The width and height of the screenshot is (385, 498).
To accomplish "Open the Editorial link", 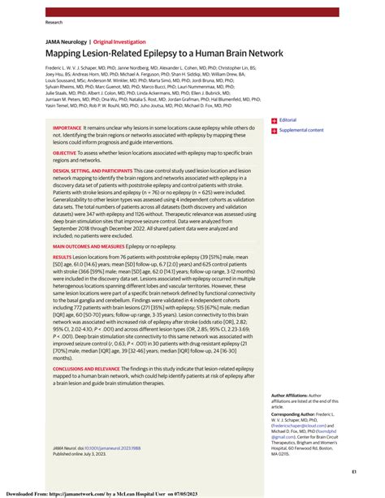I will tap(288, 119).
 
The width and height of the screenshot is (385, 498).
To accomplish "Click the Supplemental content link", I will tap(301, 130).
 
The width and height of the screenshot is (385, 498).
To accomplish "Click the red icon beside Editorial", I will tap(274, 119).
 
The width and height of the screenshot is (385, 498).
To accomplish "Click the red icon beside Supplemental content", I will tap(274, 130).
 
